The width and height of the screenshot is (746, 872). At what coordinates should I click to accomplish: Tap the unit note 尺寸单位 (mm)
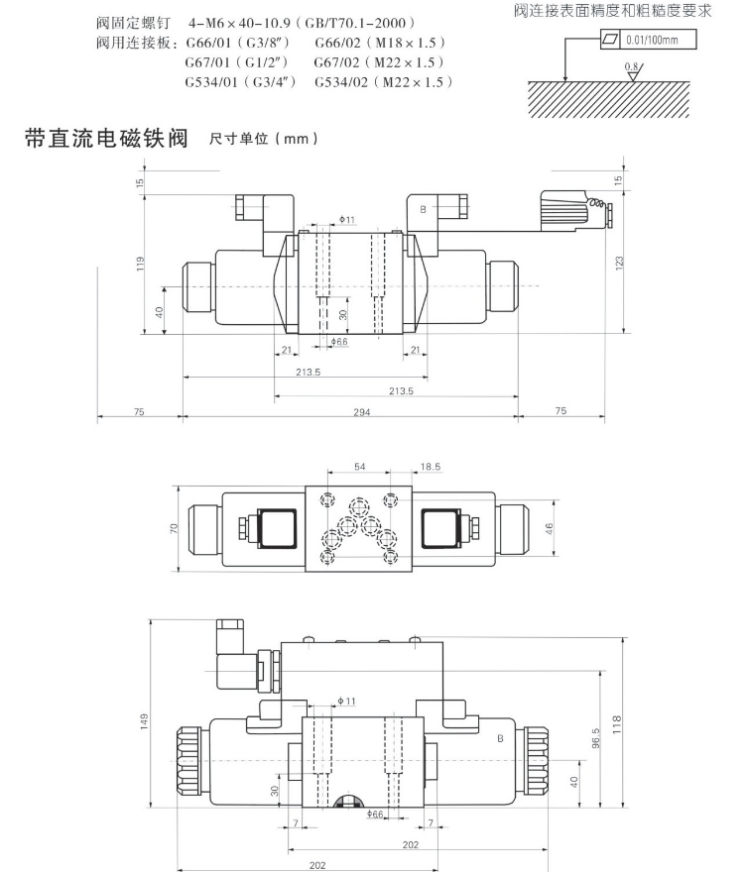[x=264, y=140]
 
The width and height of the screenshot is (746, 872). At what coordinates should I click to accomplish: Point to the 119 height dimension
[x=142, y=264]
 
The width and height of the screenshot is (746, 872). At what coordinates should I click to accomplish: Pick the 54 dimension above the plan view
[x=360, y=466]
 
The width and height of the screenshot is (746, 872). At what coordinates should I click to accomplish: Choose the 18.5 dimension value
[x=431, y=466]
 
